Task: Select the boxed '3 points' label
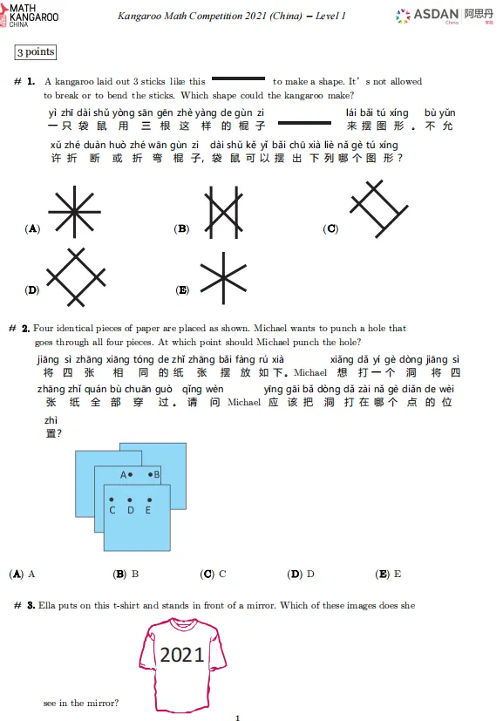[36, 52]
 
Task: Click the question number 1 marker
[24, 82]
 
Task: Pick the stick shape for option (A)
[73, 212]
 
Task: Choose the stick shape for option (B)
[224, 213]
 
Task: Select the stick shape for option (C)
[377, 208]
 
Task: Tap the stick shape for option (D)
[76, 278]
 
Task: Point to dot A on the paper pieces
[131, 475]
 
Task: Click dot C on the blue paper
[112, 500]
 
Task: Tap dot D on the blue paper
[130, 500]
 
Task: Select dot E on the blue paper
[147, 500]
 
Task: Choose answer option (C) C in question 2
[214, 575]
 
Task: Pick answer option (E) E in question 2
[388, 575]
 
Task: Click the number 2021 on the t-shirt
[182, 655]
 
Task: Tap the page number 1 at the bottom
[237, 718]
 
